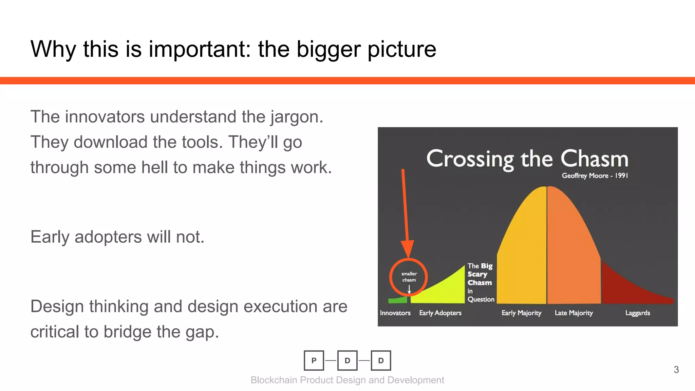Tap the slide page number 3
click(x=676, y=370)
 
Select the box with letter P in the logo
click(x=314, y=360)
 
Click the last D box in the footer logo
click(x=381, y=360)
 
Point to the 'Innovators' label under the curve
click(x=395, y=313)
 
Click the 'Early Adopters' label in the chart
click(x=440, y=313)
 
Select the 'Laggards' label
click(x=638, y=313)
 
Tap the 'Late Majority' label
click(x=574, y=313)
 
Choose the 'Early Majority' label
click(x=521, y=313)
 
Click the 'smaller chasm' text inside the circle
click(x=409, y=277)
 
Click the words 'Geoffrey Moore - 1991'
click(x=595, y=175)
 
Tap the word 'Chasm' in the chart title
click(x=594, y=159)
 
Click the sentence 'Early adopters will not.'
click(x=117, y=237)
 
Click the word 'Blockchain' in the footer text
click(x=274, y=380)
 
